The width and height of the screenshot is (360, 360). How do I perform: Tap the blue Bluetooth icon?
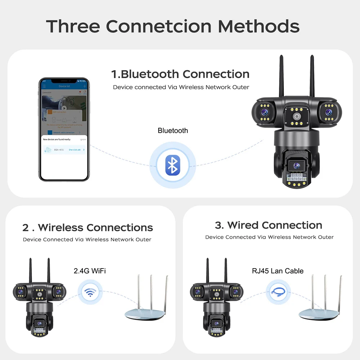click(x=173, y=165)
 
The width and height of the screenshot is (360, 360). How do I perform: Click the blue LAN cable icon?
click(x=278, y=291)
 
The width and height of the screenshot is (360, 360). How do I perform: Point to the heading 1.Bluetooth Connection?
click(x=180, y=74)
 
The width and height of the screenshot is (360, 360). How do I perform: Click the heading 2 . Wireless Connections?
click(x=87, y=228)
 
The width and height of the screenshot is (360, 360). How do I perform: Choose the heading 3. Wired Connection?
click(x=269, y=225)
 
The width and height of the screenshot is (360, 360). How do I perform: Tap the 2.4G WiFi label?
click(x=90, y=271)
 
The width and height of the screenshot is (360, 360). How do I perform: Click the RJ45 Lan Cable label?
click(x=278, y=271)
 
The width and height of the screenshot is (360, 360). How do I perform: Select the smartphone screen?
click(x=64, y=130)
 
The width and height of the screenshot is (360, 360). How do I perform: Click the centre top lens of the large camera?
click(x=296, y=117)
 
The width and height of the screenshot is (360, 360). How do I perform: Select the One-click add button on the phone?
click(x=75, y=149)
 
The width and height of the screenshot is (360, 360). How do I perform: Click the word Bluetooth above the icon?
click(x=173, y=131)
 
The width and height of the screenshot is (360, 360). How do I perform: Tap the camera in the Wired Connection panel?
click(x=216, y=302)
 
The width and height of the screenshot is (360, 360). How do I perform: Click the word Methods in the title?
click(x=258, y=26)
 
